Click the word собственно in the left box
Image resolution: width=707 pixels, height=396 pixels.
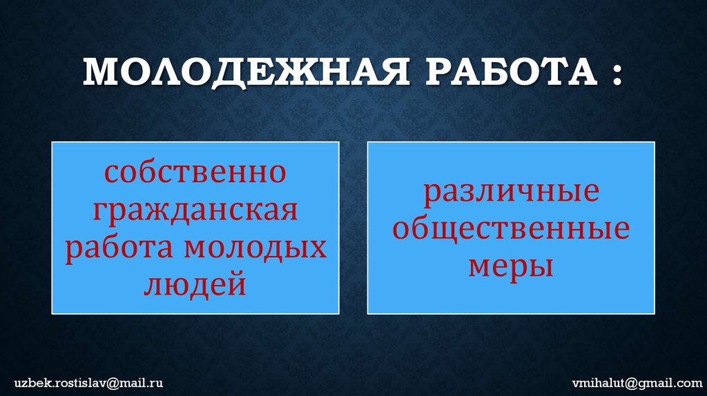[195, 172]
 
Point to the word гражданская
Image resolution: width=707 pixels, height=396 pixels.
[195, 210]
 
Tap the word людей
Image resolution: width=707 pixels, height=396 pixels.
[195, 285]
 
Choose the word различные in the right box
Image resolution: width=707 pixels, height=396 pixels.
[511, 191]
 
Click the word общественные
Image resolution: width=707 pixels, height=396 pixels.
[511, 229]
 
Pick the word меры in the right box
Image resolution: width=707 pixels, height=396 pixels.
[511, 266]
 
